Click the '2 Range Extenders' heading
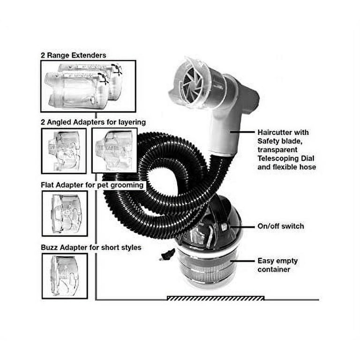point(74,55)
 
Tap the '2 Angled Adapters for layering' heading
point(93,122)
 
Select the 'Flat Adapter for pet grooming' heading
point(92,185)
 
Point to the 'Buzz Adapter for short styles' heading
point(91,247)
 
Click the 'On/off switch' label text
point(281,226)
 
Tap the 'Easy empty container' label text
point(277,265)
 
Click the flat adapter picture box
point(65,214)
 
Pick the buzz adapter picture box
point(65,276)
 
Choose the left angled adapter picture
point(64,151)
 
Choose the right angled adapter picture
point(114,150)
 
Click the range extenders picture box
point(89,86)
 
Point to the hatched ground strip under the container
point(216,298)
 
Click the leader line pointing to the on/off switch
point(242,227)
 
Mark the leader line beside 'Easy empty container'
point(242,261)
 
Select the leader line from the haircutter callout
point(242,132)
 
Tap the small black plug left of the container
point(166,255)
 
